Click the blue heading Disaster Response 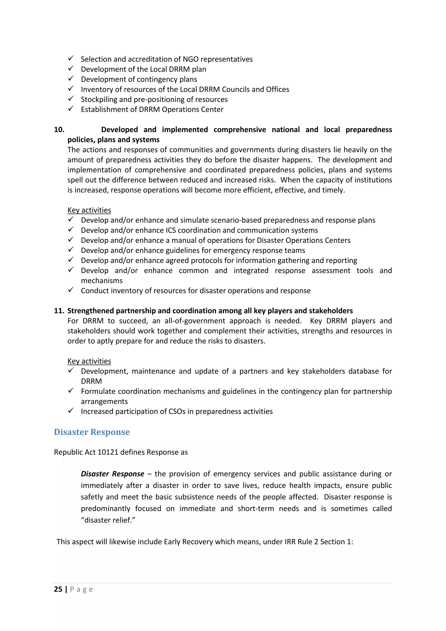92,432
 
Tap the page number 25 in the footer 58,589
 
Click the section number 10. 59,130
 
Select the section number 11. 59,311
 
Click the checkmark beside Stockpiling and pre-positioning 71,99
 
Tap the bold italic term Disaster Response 112,474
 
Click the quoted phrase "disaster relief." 108,520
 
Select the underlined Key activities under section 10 89,210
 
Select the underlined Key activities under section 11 89,361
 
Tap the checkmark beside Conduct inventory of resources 71,290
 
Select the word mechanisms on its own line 102,281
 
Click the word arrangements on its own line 104,402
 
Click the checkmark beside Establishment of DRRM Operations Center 71,109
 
